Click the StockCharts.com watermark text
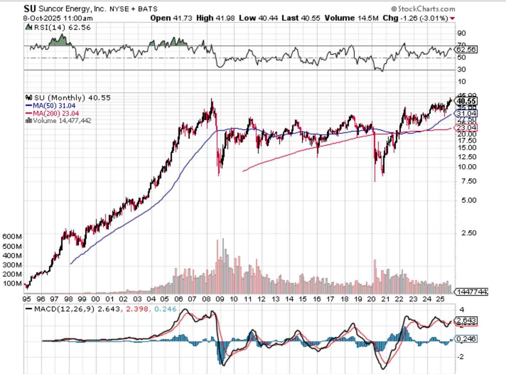tap(426, 9)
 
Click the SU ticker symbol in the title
tap(30, 9)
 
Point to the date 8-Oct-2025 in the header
tap(42, 18)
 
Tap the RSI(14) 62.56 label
tap(62, 27)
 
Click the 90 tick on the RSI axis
tap(461, 33)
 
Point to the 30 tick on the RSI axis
tap(461, 69)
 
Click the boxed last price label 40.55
tap(466, 101)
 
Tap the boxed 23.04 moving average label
tap(466, 128)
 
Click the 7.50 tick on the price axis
tap(469, 181)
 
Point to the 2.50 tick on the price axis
tap(469, 233)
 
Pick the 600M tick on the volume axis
tap(12, 237)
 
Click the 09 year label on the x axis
tap(220, 299)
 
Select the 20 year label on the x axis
tap(371, 299)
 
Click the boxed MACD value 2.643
tap(466, 321)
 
